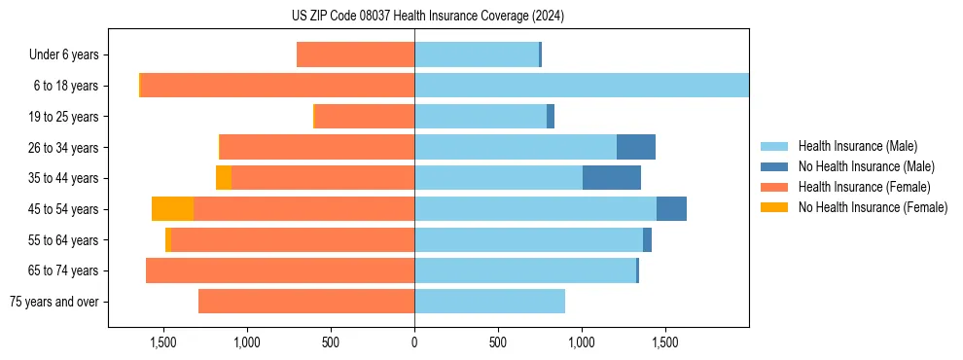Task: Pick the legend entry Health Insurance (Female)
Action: (x=858, y=187)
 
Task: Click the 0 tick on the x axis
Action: (x=414, y=342)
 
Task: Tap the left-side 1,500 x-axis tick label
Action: (x=162, y=342)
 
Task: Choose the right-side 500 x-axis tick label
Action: (x=498, y=342)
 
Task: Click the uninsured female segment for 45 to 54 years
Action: (x=172, y=209)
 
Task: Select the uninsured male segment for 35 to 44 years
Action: (x=612, y=178)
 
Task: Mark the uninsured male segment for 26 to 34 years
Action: (x=636, y=147)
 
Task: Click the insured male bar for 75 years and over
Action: (x=489, y=302)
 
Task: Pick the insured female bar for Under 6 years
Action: (x=355, y=54)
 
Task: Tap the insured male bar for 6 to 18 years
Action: (x=582, y=86)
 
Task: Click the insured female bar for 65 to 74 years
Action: (x=280, y=270)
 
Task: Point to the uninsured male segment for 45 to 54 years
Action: (x=671, y=209)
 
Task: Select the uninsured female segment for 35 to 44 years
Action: (x=224, y=178)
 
